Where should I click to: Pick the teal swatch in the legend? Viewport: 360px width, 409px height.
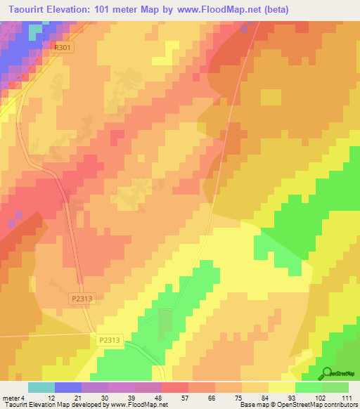click(x=41, y=387)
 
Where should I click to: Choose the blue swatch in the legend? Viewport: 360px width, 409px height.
click(x=68, y=387)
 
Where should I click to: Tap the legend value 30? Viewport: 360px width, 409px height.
click(x=106, y=398)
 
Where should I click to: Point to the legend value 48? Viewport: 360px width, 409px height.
click(x=160, y=398)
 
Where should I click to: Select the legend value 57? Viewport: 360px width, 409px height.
click(x=187, y=398)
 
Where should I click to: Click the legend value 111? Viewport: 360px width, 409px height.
click(x=346, y=398)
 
